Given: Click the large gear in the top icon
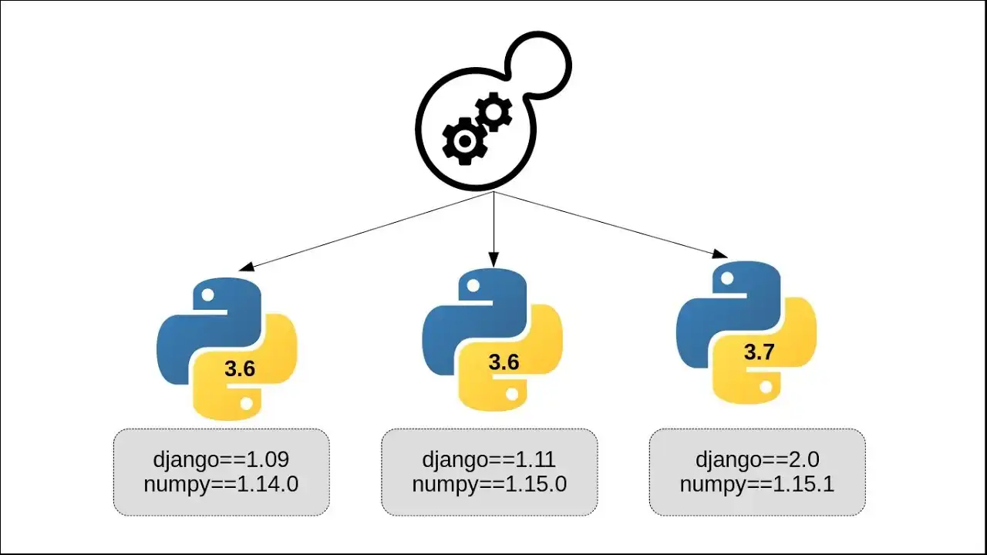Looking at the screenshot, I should tap(463, 142).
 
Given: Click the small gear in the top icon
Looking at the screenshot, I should tap(493, 113).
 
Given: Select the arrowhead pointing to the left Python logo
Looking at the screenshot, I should tap(245, 267).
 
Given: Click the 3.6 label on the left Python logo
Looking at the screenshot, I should tap(240, 369).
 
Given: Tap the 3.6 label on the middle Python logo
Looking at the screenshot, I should tap(504, 362).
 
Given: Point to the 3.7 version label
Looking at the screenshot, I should tap(759, 353).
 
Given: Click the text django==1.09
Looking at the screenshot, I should tap(222, 460).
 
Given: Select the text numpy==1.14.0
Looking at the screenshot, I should tap(221, 484).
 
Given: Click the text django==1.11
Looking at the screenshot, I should tap(489, 460).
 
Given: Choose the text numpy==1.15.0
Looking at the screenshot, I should tap(489, 484).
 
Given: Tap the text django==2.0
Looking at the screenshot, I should tap(757, 460).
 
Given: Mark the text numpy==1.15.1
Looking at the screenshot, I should tap(757, 484).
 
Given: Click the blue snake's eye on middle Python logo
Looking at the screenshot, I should tap(470, 287).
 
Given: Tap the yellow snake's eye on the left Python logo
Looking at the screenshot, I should tap(247, 402).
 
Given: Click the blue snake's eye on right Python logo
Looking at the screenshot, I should tap(725, 280).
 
